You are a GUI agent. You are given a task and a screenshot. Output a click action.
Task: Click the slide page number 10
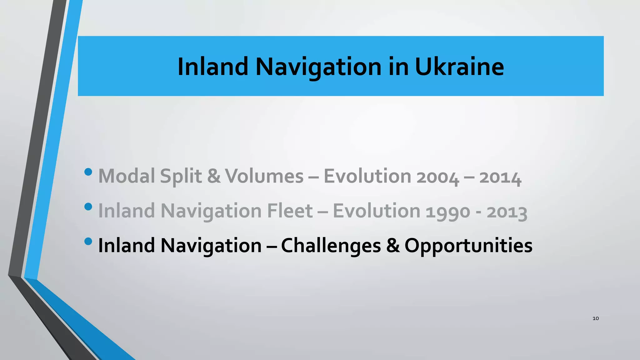tap(596, 318)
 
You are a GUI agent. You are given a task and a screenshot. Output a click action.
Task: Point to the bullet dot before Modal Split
tap(88, 172)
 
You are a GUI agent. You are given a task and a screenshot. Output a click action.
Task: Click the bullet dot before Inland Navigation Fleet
tap(88, 207)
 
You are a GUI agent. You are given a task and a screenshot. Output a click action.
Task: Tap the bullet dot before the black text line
tap(88, 241)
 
